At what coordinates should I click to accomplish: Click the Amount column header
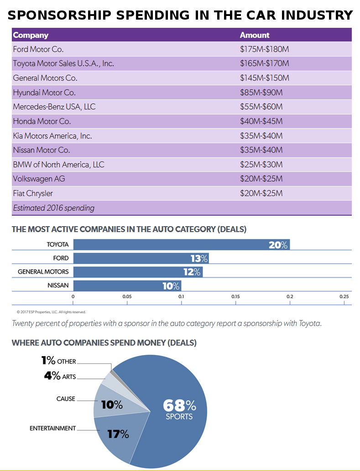click(255, 35)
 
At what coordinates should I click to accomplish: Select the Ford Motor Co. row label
click(38, 49)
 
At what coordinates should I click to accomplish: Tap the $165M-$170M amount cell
click(265, 63)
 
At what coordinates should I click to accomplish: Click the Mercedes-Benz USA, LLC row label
click(54, 107)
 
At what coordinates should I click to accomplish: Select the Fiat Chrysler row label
click(33, 193)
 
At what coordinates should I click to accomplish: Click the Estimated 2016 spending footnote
click(54, 208)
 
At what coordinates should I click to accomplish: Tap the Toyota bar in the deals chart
click(181, 244)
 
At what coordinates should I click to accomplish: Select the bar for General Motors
click(138, 272)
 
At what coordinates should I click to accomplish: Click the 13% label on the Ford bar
click(199, 259)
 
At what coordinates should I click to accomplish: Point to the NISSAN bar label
click(58, 285)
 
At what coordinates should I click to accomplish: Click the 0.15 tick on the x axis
click(235, 296)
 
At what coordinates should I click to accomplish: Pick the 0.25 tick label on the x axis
click(344, 296)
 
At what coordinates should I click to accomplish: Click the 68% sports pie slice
click(178, 410)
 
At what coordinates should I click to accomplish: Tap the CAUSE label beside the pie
click(66, 399)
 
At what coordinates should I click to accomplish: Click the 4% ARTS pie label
click(60, 376)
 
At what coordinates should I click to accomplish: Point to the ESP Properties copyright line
click(51, 312)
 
